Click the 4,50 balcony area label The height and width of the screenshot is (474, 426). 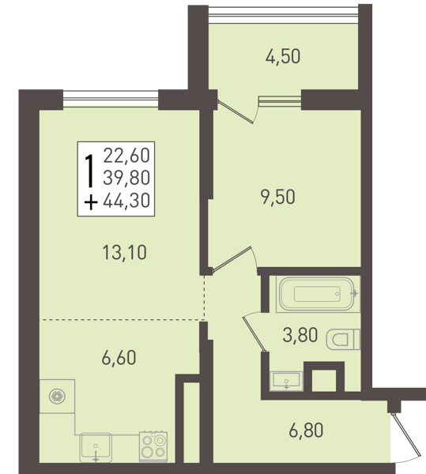(x=283, y=57)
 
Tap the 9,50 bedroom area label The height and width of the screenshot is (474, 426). (x=278, y=197)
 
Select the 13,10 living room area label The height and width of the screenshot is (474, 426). (x=125, y=253)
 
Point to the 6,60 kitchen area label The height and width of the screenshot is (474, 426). (x=119, y=358)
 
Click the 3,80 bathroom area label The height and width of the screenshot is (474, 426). (x=300, y=335)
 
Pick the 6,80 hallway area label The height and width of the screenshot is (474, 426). (x=306, y=431)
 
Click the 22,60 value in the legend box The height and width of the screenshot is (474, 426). (x=126, y=156)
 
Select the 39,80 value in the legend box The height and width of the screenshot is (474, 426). (x=126, y=178)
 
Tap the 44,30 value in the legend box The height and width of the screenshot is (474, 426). (x=126, y=200)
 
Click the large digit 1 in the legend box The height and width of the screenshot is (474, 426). (x=89, y=170)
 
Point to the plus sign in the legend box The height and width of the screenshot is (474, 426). (x=91, y=202)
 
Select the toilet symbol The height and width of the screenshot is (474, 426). (x=344, y=340)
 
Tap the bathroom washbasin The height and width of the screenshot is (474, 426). (x=286, y=381)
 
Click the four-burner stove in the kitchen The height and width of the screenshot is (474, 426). (x=153, y=446)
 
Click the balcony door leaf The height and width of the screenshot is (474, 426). (x=236, y=112)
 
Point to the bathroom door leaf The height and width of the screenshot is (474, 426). (x=254, y=334)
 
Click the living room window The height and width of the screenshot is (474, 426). (x=111, y=100)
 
